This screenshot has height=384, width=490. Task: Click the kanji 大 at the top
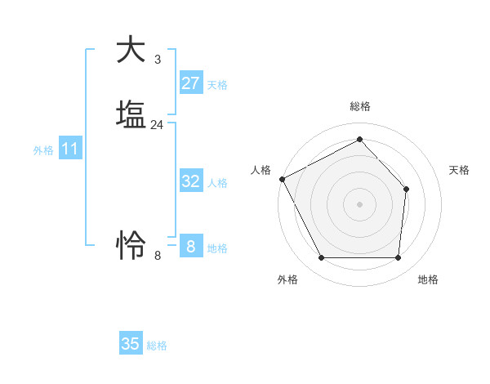pos(131,50)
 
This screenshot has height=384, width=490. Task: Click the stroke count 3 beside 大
pos(157,60)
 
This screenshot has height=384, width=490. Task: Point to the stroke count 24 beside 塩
pos(157,125)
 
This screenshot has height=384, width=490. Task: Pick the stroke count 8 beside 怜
pos(158,255)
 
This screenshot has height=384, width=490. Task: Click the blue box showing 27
pos(190,83)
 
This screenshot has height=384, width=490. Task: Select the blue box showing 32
pos(190,181)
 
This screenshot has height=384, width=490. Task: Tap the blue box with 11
pos(70,150)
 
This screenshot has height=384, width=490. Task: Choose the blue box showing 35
pos(131,344)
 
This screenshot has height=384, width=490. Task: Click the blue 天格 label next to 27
pos(217,85)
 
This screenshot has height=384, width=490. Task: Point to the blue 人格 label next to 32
pos(217,183)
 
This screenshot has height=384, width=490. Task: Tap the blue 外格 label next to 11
pos(43,150)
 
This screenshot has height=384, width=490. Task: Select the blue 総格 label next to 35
pos(157,346)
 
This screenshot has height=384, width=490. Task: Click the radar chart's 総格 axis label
pos(359,106)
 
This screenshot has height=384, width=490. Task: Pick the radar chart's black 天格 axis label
pos(459,170)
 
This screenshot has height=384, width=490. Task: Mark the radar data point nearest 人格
pos(282,178)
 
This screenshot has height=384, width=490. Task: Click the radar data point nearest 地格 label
pos(398,258)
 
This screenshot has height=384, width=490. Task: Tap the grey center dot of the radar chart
pos(359,203)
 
